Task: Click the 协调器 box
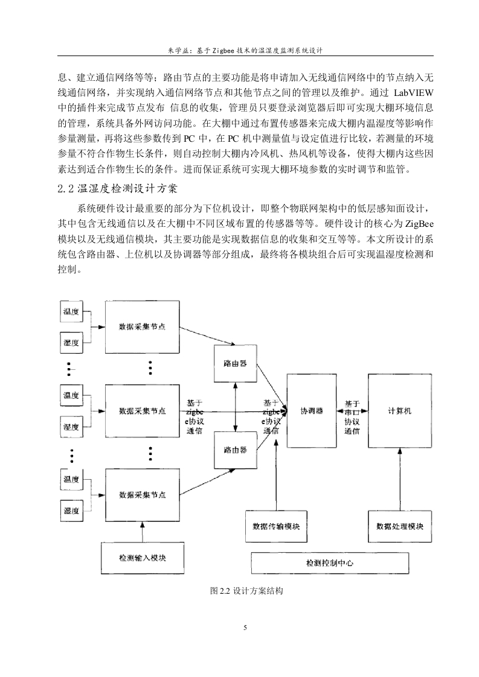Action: coord(312,410)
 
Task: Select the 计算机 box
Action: coord(400,410)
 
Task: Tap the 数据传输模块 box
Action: coord(276,526)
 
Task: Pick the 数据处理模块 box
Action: coord(400,526)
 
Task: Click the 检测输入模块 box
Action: coord(143,558)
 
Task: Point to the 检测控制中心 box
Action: coord(330,563)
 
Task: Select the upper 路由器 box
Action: coord(236,364)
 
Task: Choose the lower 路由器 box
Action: coord(236,450)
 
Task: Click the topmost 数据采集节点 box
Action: coord(143,327)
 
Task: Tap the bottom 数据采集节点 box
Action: coord(143,495)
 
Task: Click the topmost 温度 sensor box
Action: coord(71,311)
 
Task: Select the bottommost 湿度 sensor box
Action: coord(71,511)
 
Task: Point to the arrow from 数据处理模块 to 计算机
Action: coord(400,479)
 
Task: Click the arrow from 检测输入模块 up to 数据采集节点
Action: coord(143,532)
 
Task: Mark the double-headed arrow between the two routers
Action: coord(236,407)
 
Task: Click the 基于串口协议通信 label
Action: coord(352,417)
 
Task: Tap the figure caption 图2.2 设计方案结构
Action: coord(246,591)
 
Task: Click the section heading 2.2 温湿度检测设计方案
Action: coord(117,189)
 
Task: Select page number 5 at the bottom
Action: coord(245,628)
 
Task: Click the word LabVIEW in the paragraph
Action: coord(414,93)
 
